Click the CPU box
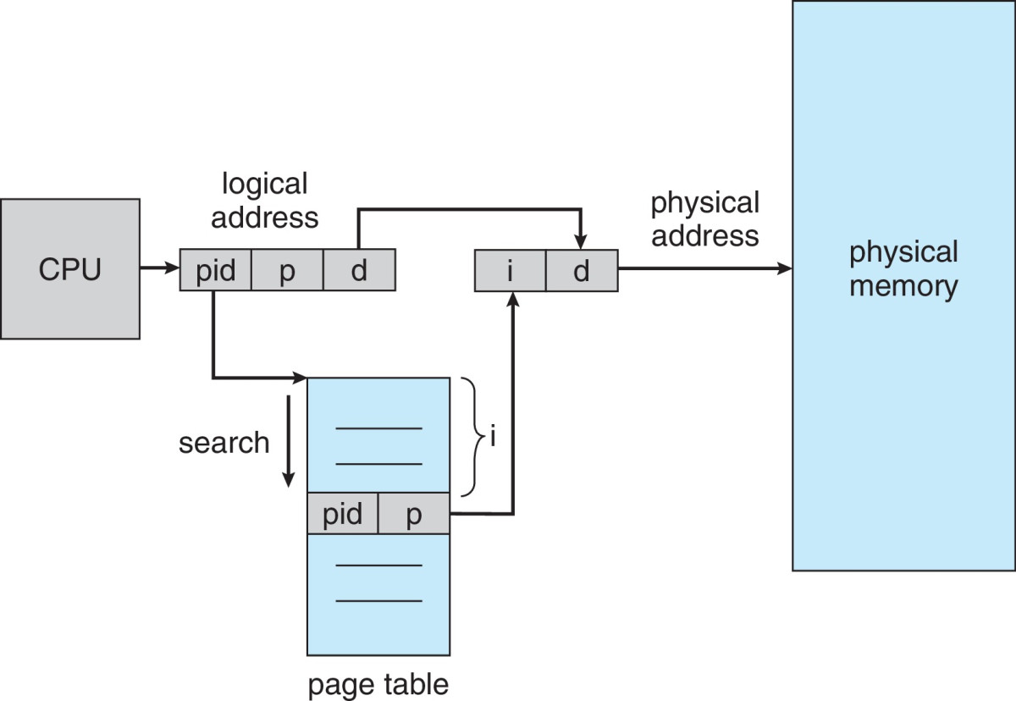coord(69,269)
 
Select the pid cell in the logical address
coord(215,270)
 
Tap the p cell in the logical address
coord(287,270)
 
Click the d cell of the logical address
coord(359,270)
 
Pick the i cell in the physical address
coord(510,270)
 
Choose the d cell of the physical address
coord(581,270)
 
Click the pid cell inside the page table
coord(342,514)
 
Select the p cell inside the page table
coord(413,514)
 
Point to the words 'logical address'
coord(264,200)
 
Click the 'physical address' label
coord(704,218)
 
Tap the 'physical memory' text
coord(903,268)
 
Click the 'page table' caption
coord(378,683)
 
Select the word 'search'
coord(224,442)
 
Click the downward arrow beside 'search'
coord(289,440)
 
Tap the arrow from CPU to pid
coord(159,270)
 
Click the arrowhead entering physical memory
coord(784,270)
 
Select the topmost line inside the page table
coord(378,428)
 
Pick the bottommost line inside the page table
coord(378,601)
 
